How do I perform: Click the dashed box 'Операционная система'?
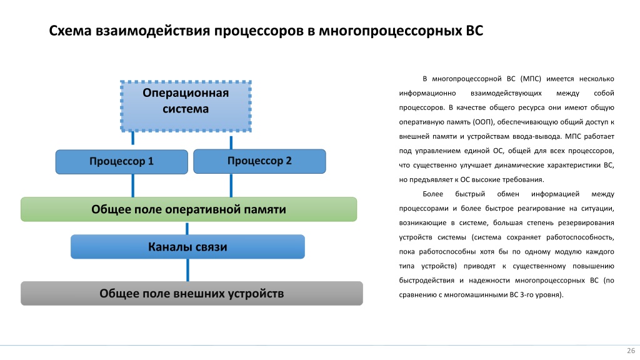tap(186, 106)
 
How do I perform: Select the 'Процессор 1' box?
tap(122, 162)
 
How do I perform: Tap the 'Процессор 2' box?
tap(259, 161)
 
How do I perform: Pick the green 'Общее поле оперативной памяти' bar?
tap(189, 209)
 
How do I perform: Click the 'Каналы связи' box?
tap(187, 246)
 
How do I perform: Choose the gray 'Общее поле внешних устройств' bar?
tap(192, 294)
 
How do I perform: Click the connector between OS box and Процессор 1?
tap(132, 139)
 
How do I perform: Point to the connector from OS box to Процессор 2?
tap(231, 142)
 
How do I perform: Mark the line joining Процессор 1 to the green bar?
tap(132, 186)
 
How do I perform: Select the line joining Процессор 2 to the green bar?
tap(231, 185)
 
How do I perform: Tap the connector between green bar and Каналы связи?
tap(187, 229)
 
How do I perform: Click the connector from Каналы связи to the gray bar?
tap(187, 270)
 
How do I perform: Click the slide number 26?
tap(631, 351)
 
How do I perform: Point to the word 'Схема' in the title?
tap(70, 31)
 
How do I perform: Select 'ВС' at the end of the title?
tap(474, 31)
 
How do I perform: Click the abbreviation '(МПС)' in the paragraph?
tap(531, 79)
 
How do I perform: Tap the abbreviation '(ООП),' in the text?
tap(484, 122)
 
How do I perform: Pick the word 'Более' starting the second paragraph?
tap(432, 194)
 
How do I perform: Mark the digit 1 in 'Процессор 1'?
tap(151, 161)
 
